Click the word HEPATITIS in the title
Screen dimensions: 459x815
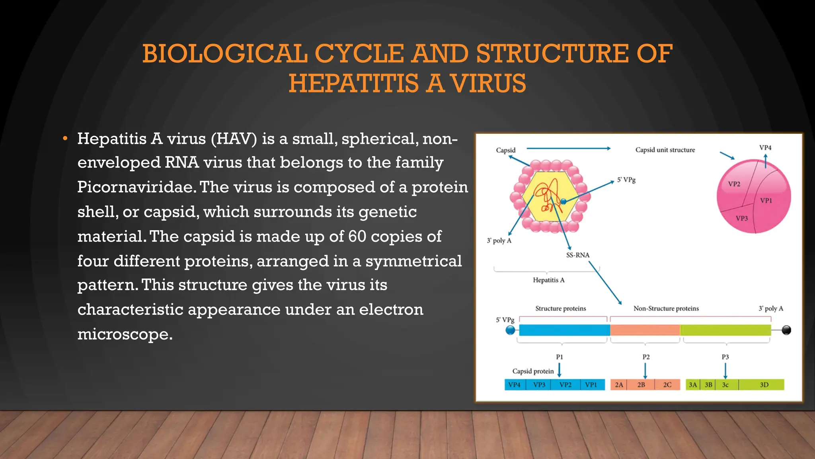click(353, 84)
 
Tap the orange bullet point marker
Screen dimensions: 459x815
click(65, 139)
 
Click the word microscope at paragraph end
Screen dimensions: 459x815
click(125, 334)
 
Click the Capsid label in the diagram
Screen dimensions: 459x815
click(505, 150)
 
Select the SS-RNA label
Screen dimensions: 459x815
click(577, 255)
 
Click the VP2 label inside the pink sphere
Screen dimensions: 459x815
click(734, 184)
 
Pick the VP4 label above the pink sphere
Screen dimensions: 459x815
click(765, 148)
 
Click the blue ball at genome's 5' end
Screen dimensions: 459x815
click(510, 330)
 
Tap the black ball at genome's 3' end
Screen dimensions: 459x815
click(786, 330)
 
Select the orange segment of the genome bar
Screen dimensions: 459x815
click(645, 330)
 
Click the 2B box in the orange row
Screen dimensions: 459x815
click(641, 385)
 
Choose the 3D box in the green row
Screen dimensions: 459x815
click(764, 385)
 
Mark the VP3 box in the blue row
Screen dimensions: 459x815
click(539, 385)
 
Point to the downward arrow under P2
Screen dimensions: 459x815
click(645, 371)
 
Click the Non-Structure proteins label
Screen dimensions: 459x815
click(666, 308)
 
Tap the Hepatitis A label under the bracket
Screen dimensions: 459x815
click(548, 280)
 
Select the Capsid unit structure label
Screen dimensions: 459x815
click(665, 150)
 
